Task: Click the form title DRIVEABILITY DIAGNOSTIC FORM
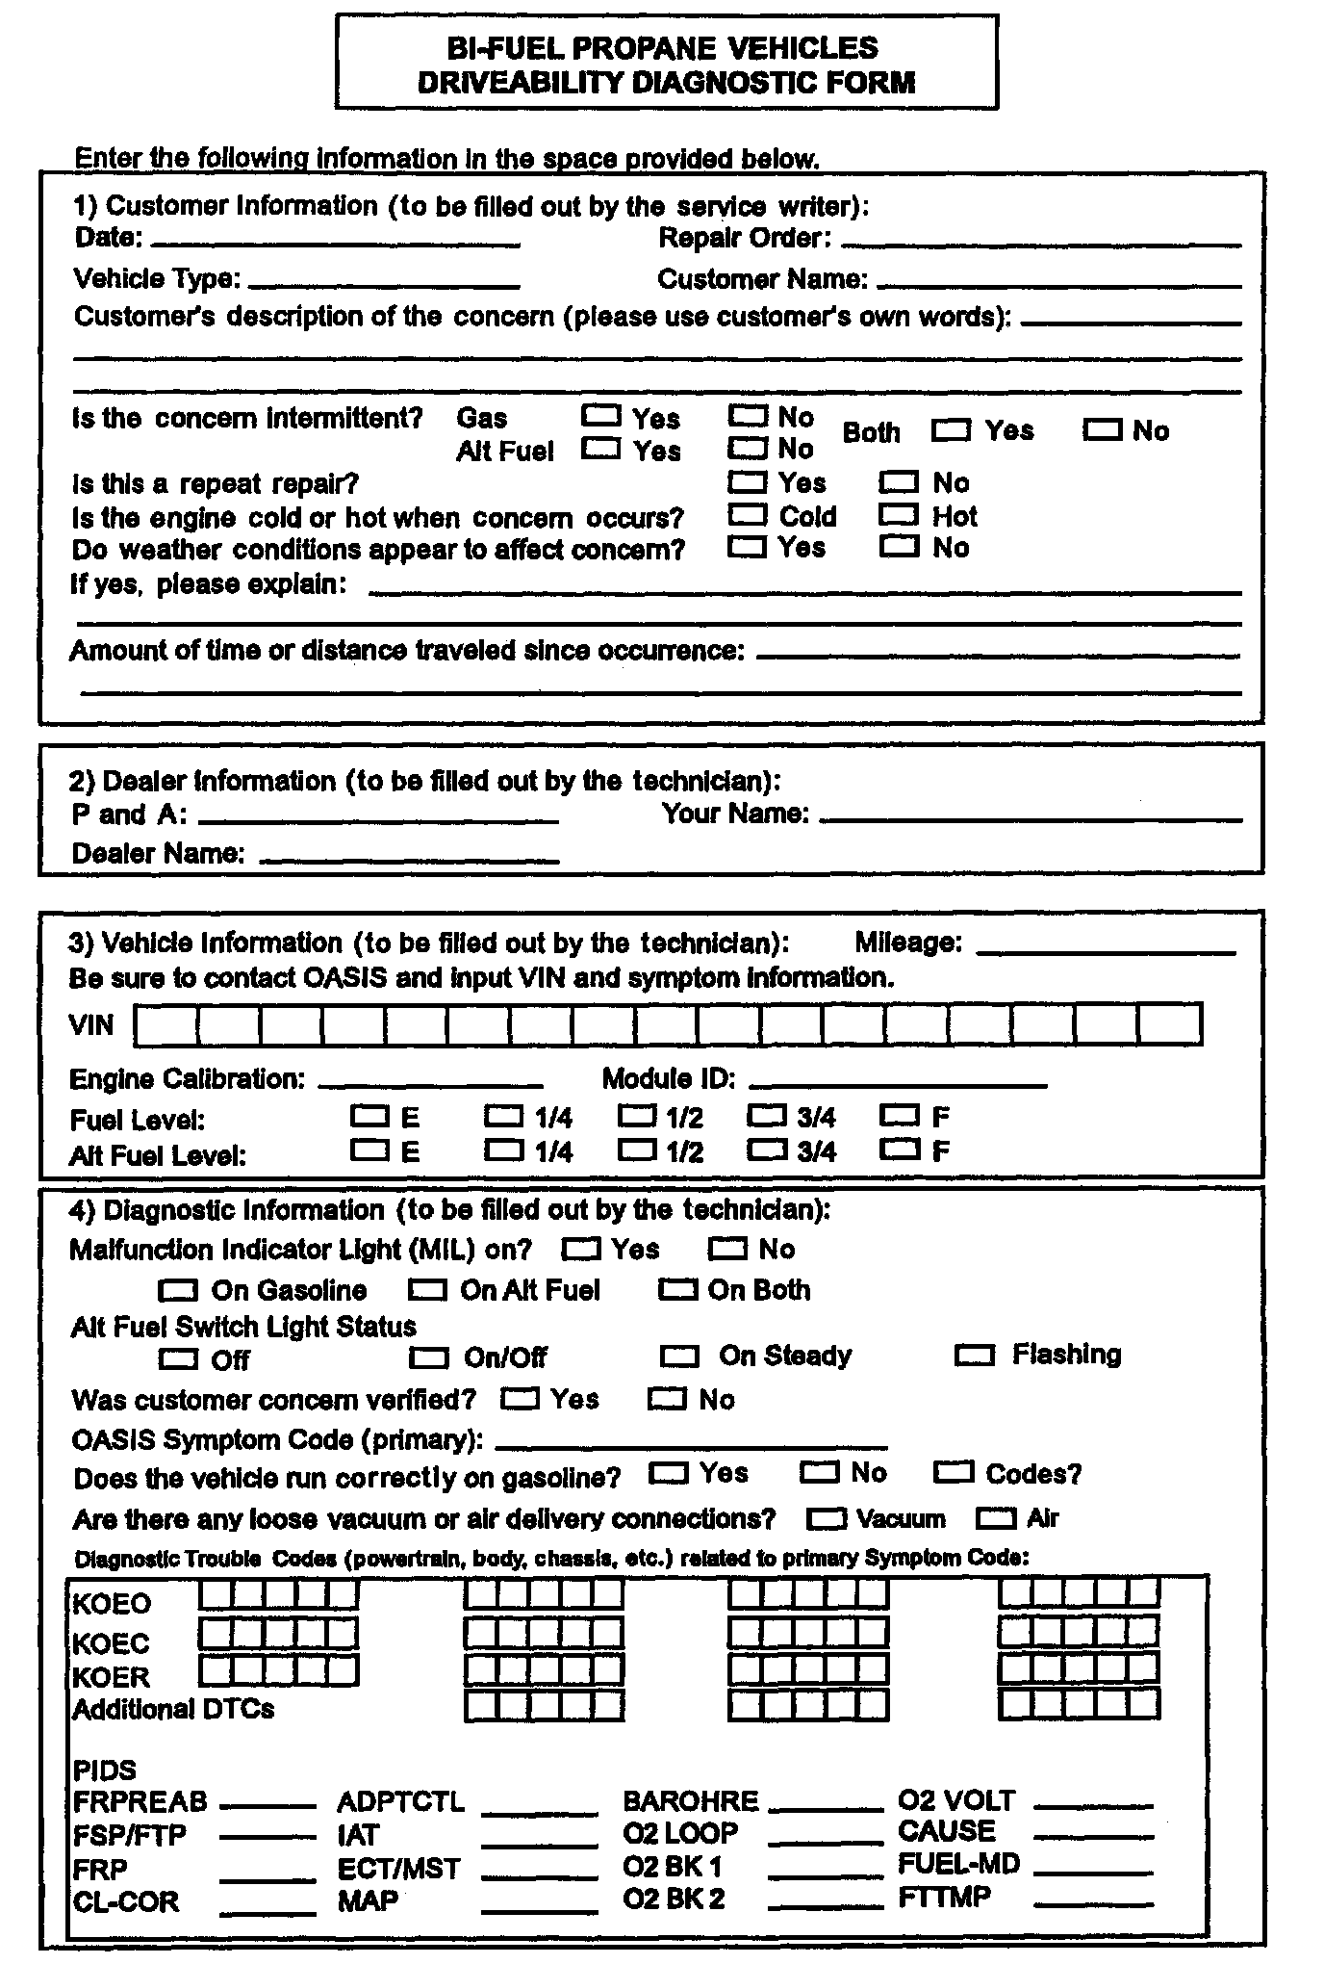click(x=666, y=83)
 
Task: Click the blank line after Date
click(x=336, y=241)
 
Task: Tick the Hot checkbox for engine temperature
click(x=899, y=515)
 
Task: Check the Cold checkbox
click(x=748, y=515)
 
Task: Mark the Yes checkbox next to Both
click(x=951, y=430)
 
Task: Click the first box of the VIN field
click(x=166, y=1024)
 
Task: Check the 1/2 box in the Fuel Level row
click(x=636, y=1116)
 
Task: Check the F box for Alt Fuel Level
click(x=900, y=1149)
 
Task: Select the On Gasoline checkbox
click(x=179, y=1289)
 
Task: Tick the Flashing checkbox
click(x=974, y=1356)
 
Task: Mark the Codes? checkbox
click(x=954, y=1473)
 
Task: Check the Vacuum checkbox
click(x=826, y=1519)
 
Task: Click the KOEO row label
click(x=112, y=1604)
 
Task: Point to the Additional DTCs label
click(x=173, y=1709)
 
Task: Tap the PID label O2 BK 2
click(x=674, y=1899)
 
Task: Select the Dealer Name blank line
click(x=410, y=857)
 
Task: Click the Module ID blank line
click(x=897, y=1083)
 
